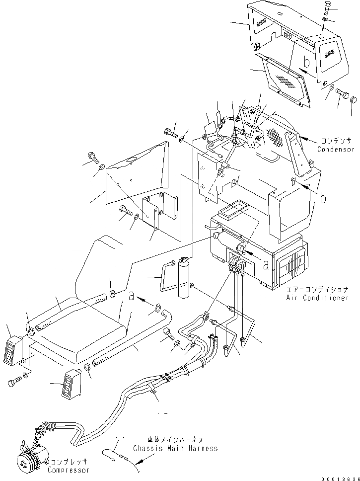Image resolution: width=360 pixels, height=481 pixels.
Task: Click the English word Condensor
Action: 336,150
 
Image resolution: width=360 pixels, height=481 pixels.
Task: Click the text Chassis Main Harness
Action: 175,448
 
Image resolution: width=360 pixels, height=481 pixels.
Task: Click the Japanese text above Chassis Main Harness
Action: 175,440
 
